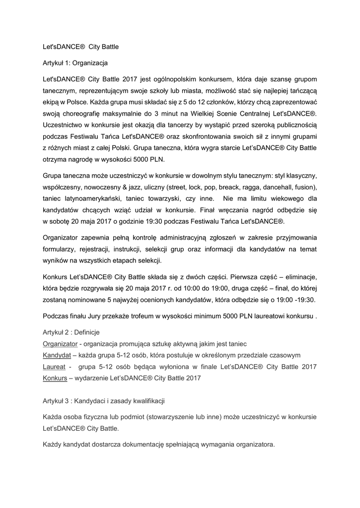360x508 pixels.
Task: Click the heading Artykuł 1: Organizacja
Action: tap(75, 63)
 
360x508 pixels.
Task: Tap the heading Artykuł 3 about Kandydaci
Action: tap(104, 400)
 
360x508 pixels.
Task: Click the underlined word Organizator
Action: tap(60, 343)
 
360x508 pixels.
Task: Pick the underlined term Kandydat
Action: tap(57, 355)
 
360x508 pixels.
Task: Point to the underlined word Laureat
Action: tap(54, 367)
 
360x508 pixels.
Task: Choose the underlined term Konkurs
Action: tap(55, 378)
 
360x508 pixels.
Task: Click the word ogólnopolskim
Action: tap(175, 79)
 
